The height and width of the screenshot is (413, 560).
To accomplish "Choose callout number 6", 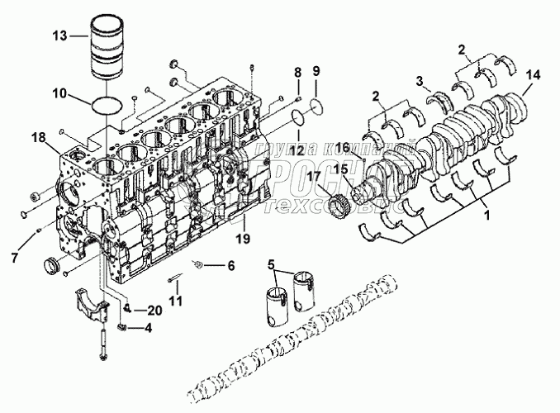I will (x=230, y=266).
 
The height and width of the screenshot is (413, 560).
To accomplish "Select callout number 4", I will (x=147, y=329).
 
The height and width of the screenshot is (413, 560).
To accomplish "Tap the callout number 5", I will (x=273, y=264).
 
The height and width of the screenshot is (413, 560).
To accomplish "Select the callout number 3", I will (x=420, y=80).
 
